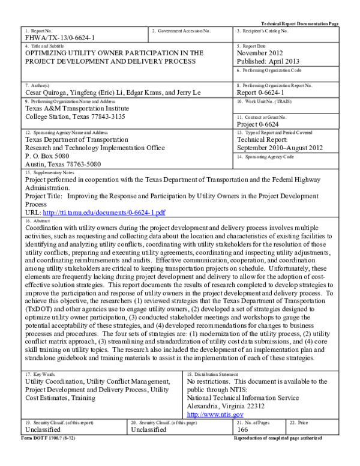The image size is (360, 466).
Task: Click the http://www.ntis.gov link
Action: [x=215, y=414]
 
